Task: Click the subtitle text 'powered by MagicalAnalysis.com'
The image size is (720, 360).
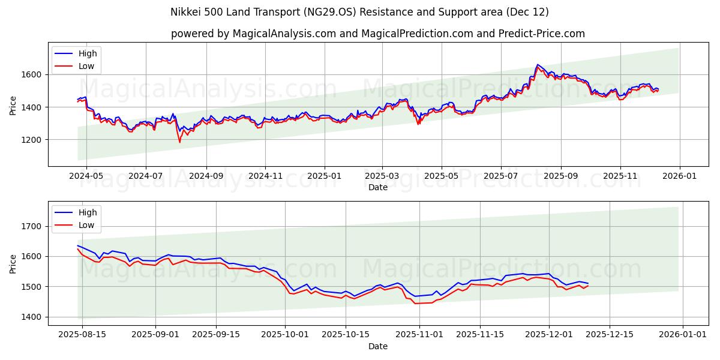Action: [x=253, y=34]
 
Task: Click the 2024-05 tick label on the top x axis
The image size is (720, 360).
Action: [x=86, y=176]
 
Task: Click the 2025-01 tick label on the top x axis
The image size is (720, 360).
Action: [x=325, y=176]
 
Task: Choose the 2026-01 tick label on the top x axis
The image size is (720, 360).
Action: [x=679, y=176]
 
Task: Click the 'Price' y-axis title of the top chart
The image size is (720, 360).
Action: [x=13, y=104]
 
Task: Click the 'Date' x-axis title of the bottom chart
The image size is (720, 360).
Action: [x=377, y=346]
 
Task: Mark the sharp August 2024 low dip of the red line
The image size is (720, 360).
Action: [x=179, y=142]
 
